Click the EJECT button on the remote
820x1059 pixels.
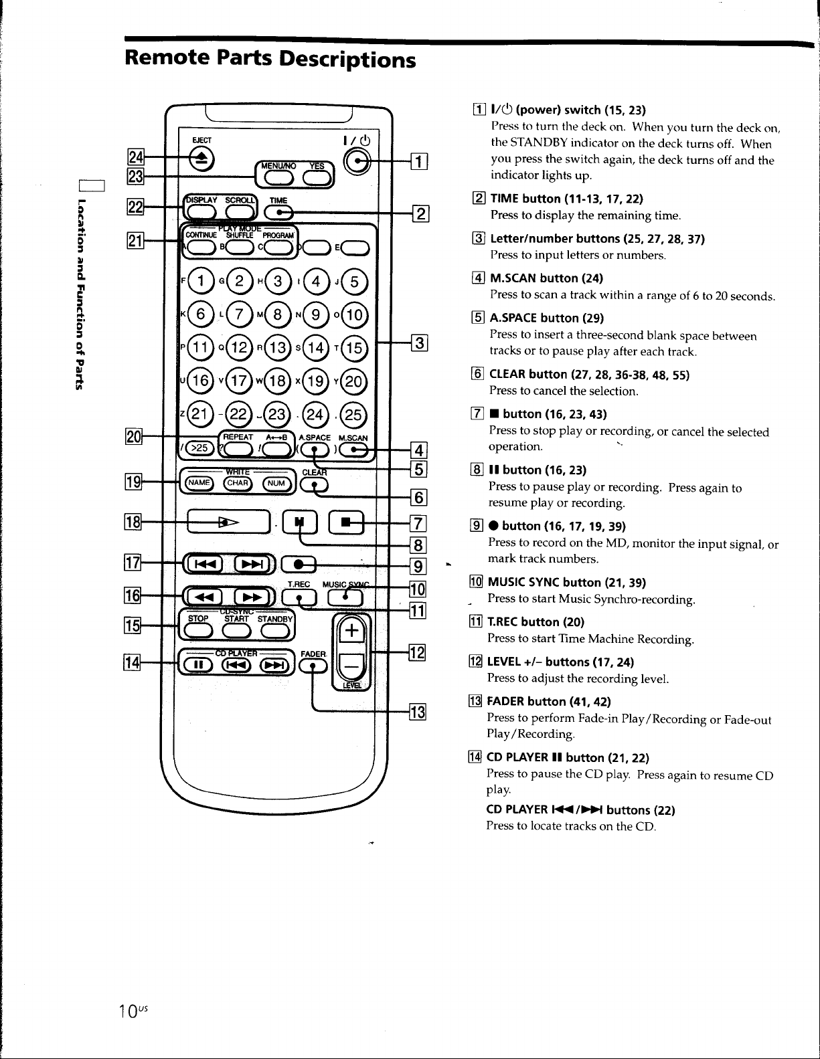click(201, 159)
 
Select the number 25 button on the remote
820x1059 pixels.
click(353, 414)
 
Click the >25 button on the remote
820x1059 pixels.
click(199, 447)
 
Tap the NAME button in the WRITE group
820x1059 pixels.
click(198, 482)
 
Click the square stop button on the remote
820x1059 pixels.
click(346, 522)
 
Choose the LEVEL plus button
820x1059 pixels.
click(351, 631)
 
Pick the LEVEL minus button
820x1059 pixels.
click(351, 664)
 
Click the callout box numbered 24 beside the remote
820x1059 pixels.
click(135, 157)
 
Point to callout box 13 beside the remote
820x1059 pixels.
click(417, 712)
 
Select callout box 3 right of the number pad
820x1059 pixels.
click(419, 343)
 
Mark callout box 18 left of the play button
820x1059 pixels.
click(133, 522)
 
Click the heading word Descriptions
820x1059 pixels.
click(347, 60)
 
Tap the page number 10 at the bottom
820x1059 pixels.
click(129, 1012)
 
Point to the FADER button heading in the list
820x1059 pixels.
click(548, 701)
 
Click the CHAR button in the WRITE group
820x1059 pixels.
click(238, 482)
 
